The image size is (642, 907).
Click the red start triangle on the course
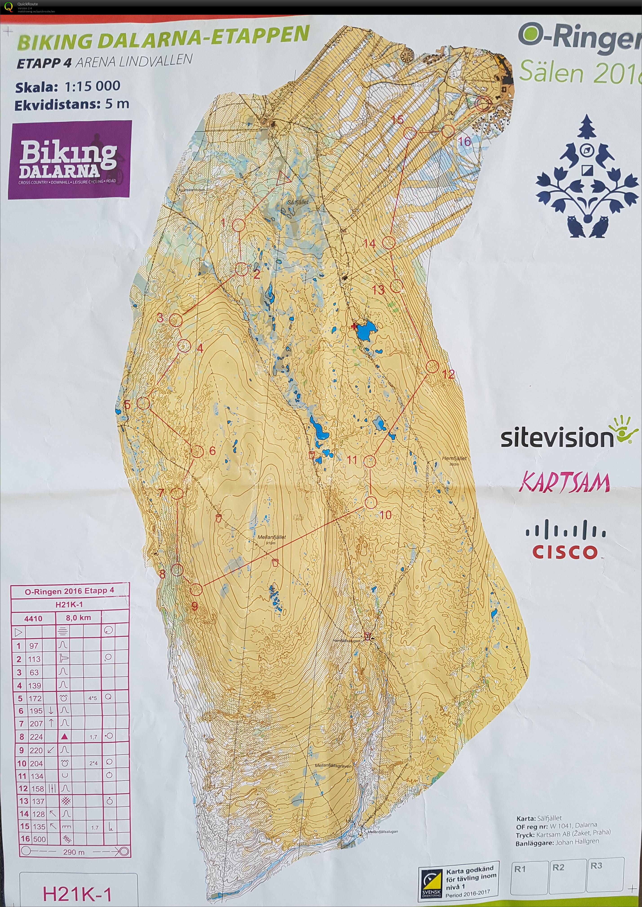283,179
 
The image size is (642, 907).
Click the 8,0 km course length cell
78,618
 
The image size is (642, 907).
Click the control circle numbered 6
197,451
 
